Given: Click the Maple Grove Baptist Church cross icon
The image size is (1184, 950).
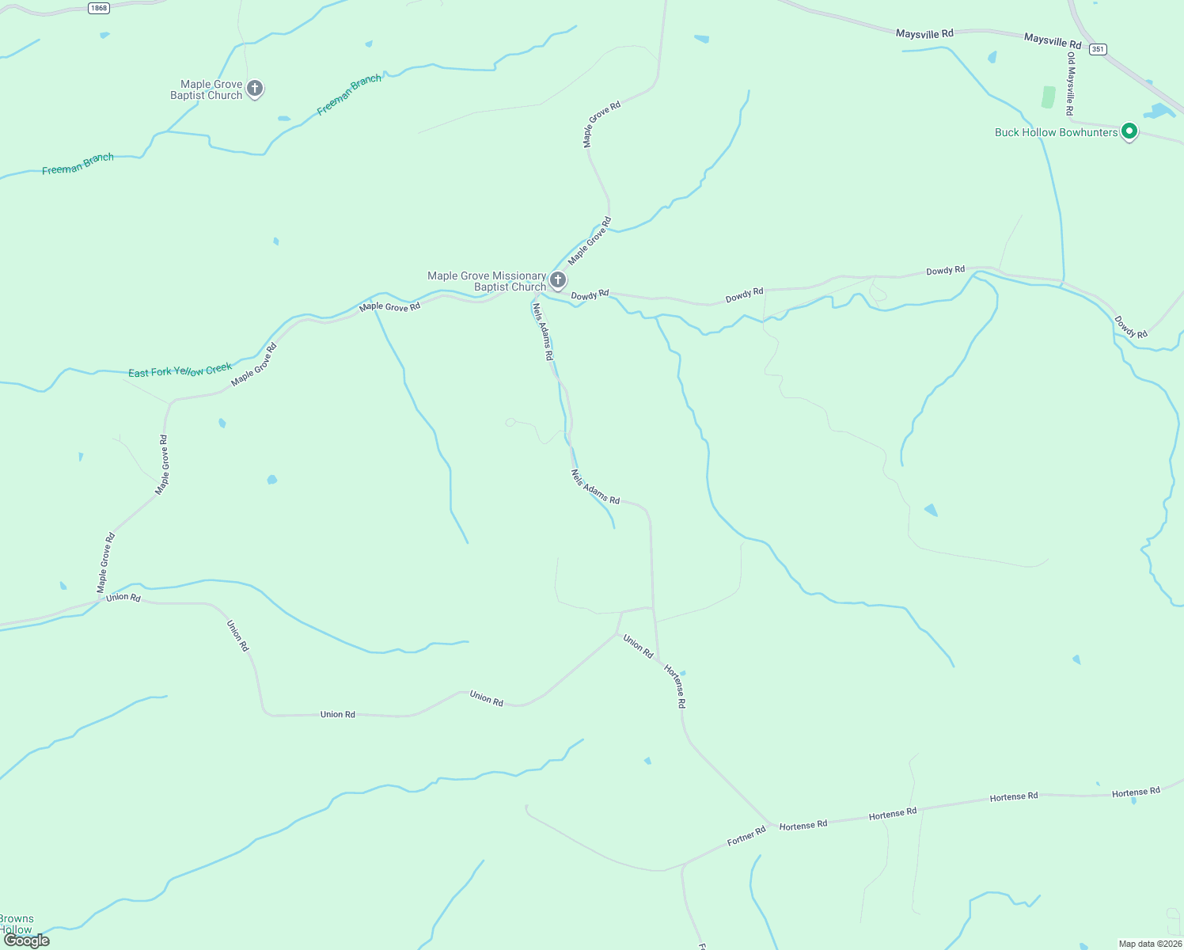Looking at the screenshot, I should point(255,88).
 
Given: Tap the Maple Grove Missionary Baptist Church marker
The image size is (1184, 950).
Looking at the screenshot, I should point(558,279).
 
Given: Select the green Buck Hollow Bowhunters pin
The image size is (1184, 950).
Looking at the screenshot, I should point(1129,131).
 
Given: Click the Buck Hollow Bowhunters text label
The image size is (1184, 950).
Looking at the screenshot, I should point(1056,132).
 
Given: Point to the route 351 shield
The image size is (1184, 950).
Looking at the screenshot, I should point(1097,49).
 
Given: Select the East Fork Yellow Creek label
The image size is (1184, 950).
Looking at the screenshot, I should point(180,370).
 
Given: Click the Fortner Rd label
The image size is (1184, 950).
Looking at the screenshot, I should point(746,835).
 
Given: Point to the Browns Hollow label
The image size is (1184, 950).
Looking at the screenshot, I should point(17,924).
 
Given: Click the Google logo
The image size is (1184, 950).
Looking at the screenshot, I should point(27,940).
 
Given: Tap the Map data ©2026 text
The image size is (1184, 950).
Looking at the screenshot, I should point(1150,944).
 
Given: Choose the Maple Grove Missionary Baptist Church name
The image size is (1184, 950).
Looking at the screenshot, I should point(487,281).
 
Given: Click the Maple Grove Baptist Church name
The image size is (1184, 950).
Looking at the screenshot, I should point(207,89).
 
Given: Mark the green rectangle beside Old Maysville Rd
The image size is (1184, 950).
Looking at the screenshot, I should point(1048,97).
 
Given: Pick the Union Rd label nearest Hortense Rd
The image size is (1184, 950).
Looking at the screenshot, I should point(638,646).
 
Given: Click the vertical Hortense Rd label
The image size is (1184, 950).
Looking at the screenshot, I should point(675,686).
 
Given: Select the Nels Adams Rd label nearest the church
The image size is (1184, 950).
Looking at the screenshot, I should point(542,332).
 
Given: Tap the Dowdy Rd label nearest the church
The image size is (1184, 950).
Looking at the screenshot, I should point(590,294).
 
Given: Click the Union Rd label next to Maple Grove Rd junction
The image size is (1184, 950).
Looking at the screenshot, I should point(123,597).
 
